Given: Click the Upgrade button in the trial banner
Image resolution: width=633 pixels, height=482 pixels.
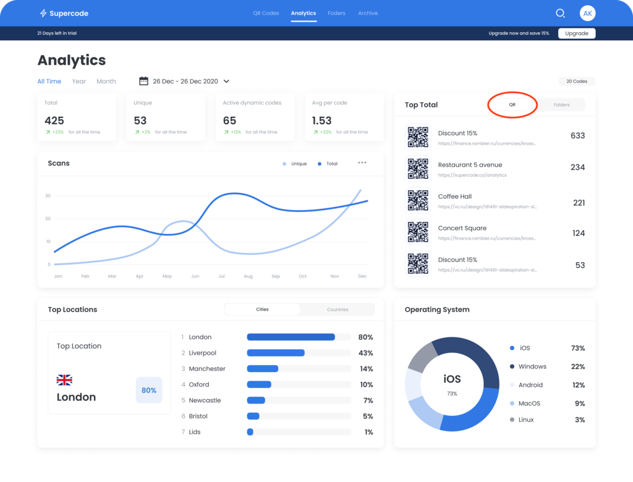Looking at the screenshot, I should tap(576, 33).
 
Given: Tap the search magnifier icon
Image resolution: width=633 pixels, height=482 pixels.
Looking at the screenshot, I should tap(560, 13).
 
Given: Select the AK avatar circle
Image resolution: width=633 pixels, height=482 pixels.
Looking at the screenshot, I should tap(587, 13).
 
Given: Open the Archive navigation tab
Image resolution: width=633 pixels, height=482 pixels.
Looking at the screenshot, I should tap(368, 13).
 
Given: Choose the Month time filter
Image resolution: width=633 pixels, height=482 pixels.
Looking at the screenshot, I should tap(106, 82).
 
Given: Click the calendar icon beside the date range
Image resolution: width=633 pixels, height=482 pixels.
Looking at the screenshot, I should tap(143, 81).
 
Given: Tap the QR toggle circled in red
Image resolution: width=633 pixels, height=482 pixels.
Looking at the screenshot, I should tap(512, 105).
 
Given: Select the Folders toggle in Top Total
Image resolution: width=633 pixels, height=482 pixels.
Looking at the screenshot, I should tap(561, 105).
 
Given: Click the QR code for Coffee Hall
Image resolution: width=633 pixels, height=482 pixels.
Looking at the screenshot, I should tap(418, 200).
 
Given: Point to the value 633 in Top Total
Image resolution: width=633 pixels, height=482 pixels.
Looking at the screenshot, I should tap(577, 136).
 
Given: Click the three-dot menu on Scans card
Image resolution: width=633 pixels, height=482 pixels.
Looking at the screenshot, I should tap(362, 163).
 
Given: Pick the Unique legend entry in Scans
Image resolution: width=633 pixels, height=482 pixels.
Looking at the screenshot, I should tap(295, 164).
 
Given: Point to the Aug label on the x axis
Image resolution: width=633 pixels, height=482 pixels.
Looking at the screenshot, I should tap(248, 276).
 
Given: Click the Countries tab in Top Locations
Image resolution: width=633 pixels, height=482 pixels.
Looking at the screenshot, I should tap(338, 310).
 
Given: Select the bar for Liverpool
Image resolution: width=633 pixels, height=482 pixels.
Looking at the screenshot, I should tap(276, 353).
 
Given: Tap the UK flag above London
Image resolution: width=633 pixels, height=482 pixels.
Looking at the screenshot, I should tap(64, 379).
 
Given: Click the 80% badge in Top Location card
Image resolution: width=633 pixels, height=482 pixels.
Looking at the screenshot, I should tap(149, 391).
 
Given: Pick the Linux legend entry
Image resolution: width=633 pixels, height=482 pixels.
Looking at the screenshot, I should tap(525, 420).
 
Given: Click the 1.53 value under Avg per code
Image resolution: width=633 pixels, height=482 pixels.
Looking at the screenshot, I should tap(322, 120).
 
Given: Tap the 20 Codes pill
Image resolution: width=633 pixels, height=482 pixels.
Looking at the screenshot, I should tap(577, 82).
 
